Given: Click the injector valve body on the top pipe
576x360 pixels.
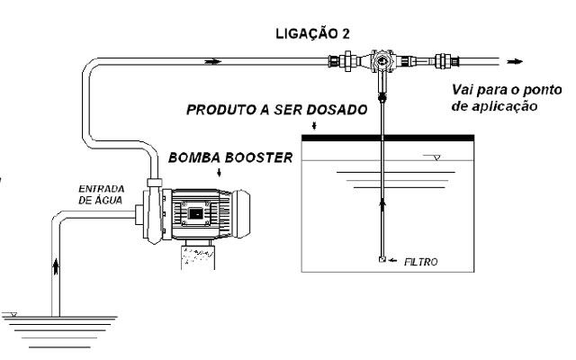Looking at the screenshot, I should tap(384, 63).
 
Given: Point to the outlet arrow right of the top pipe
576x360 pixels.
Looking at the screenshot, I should tap(514, 62).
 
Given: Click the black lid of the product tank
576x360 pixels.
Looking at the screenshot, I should tap(390, 138).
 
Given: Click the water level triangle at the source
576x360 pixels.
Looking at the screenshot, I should tap(11, 314).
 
